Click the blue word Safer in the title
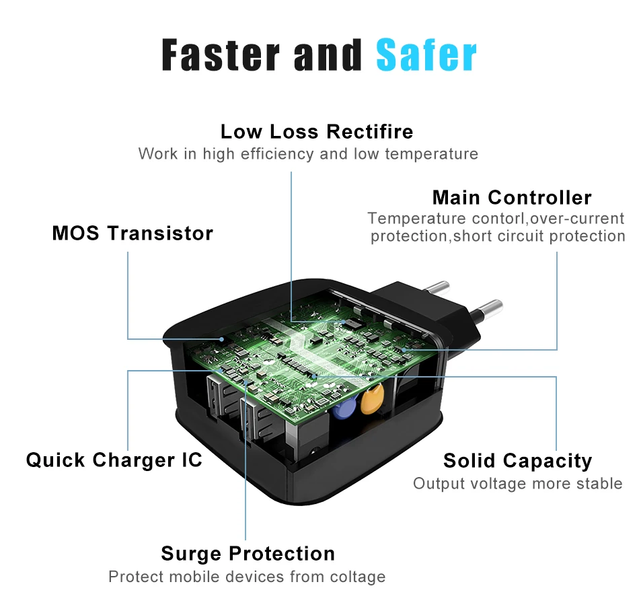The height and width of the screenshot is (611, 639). [x=426, y=55]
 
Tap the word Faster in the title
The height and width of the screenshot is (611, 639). [x=221, y=55]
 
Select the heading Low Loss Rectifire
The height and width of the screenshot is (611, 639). [x=317, y=132]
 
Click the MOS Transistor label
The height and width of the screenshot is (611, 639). [x=133, y=233]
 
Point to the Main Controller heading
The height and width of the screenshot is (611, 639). [x=512, y=197]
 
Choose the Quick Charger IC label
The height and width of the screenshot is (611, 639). [x=114, y=460]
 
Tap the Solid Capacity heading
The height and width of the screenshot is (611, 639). [x=517, y=461]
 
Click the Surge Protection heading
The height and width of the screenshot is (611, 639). [x=248, y=554]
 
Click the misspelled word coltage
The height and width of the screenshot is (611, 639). [x=358, y=577]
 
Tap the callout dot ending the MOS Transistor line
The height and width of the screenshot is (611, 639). [x=222, y=339]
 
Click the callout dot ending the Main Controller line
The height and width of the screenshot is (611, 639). [x=404, y=350]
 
